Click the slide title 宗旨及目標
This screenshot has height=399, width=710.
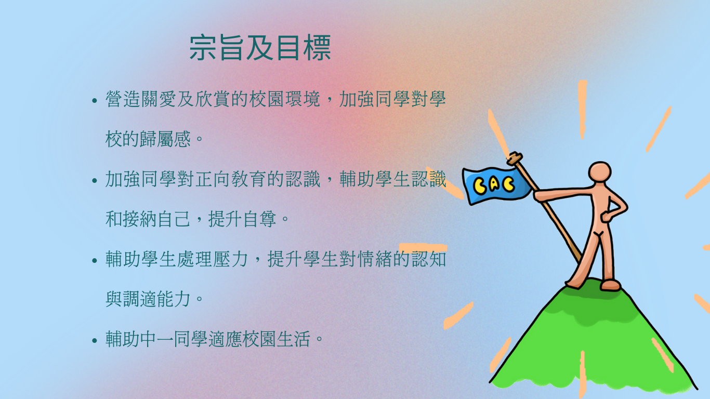(260, 48)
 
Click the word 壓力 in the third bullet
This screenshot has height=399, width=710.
(230, 259)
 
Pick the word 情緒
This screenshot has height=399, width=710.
(375, 259)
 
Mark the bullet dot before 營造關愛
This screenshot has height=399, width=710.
(95, 101)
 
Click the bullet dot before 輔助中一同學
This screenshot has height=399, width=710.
(95, 340)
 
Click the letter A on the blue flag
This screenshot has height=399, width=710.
(494, 184)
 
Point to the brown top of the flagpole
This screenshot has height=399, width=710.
(515, 158)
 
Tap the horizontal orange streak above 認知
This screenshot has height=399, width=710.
(423, 247)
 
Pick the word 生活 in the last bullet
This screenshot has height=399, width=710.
(293, 339)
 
